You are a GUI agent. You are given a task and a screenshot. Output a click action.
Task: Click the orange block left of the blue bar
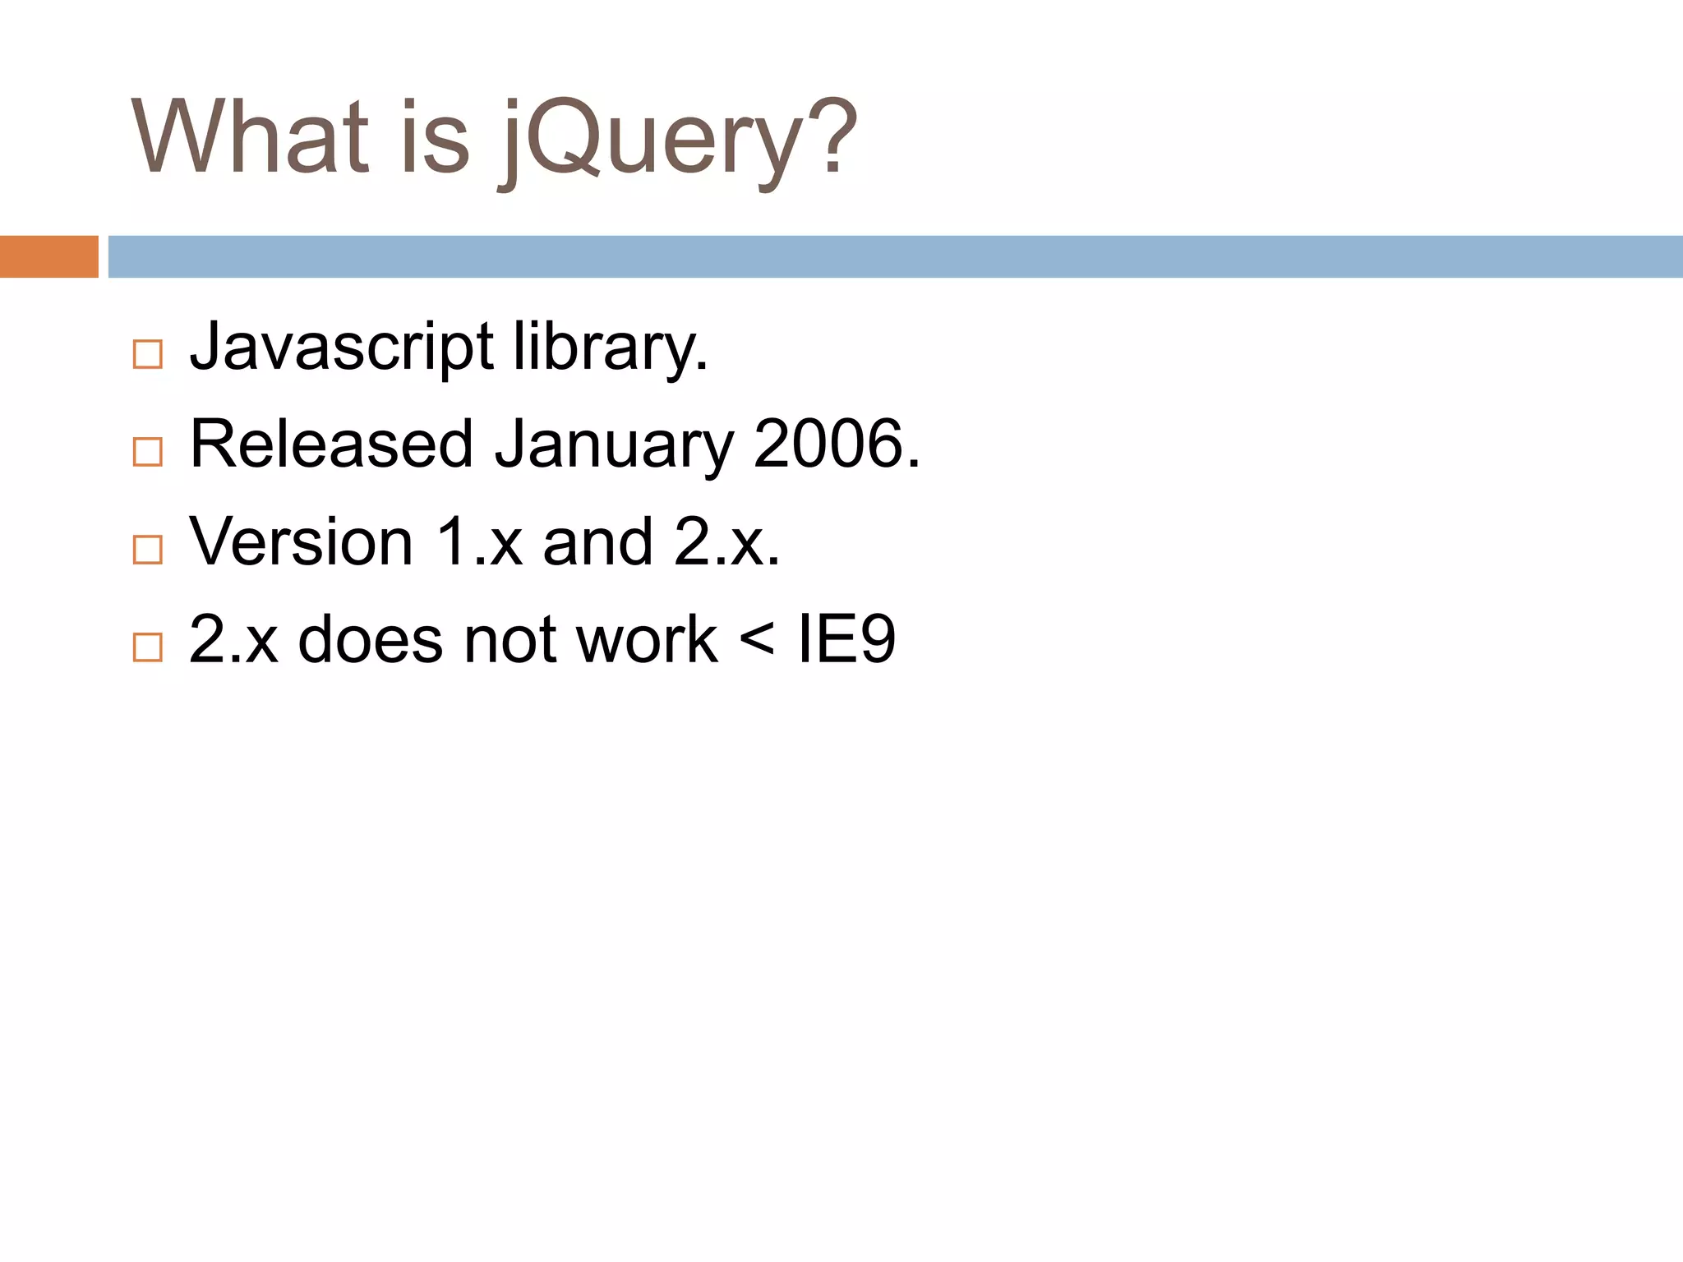click(48, 256)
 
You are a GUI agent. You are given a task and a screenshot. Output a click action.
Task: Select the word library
click(610, 347)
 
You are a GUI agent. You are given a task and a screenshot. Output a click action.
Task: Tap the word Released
click(331, 444)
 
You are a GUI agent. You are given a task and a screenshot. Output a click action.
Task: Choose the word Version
click(301, 542)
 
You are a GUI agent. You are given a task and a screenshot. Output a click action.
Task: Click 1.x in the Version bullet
click(478, 542)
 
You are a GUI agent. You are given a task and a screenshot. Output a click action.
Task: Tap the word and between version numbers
click(597, 542)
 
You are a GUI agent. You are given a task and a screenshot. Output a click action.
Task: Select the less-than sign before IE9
click(757, 639)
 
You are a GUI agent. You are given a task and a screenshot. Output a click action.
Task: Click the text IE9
click(846, 639)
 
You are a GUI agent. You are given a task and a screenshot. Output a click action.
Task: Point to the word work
click(647, 639)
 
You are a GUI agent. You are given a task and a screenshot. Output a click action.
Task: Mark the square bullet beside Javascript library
click(148, 355)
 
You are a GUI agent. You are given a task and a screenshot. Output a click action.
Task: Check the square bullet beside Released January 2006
click(148, 452)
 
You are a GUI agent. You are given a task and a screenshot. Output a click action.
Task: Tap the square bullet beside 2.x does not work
click(148, 647)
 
